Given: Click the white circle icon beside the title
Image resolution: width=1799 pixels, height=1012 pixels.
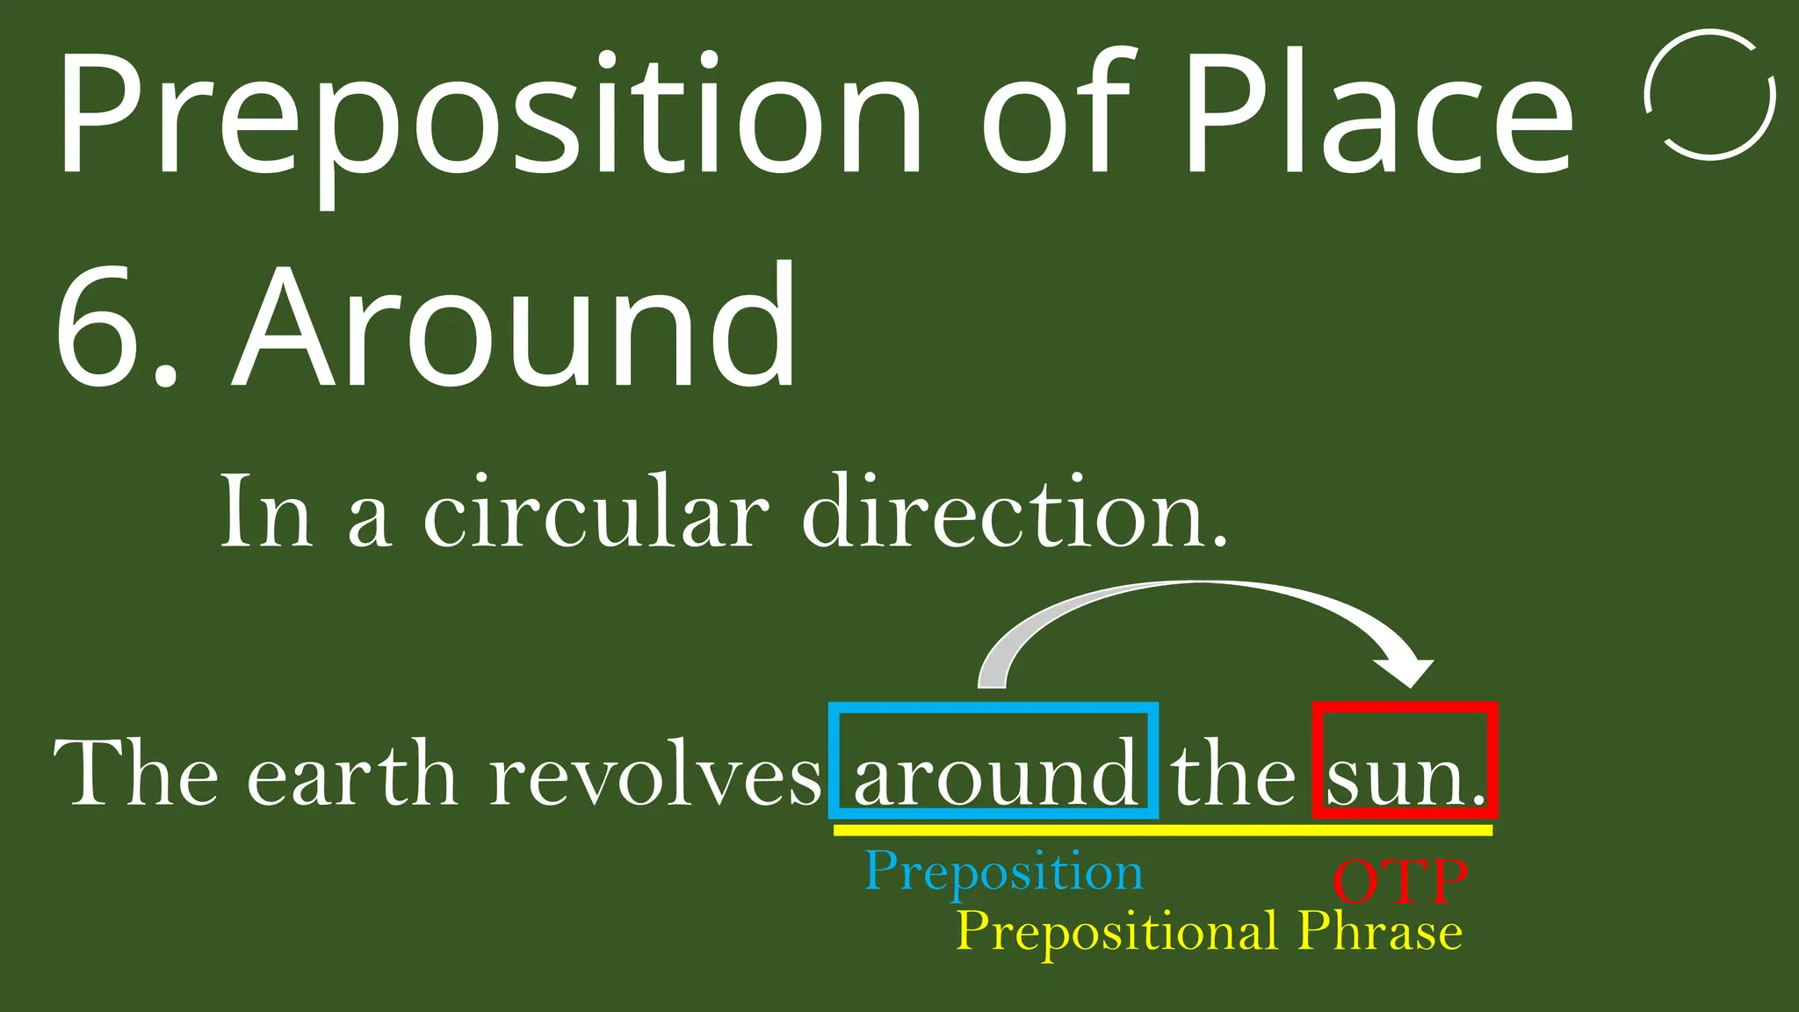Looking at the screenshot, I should pyautogui.click(x=1709, y=95).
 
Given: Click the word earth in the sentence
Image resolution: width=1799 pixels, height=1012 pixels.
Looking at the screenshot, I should pyautogui.click(x=352, y=773).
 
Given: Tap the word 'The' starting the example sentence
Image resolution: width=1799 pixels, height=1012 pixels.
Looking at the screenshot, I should pyautogui.click(x=136, y=773).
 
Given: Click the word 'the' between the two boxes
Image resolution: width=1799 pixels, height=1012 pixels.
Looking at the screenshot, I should pyautogui.click(x=1233, y=773).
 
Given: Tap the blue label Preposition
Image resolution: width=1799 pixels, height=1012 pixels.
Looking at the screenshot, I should pyautogui.click(x=1003, y=872).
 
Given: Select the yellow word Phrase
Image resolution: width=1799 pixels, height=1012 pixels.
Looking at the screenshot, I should pyautogui.click(x=1379, y=931).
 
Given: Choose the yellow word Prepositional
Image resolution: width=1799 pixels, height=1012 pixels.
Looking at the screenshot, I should pyautogui.click(x=1116, y=931).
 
